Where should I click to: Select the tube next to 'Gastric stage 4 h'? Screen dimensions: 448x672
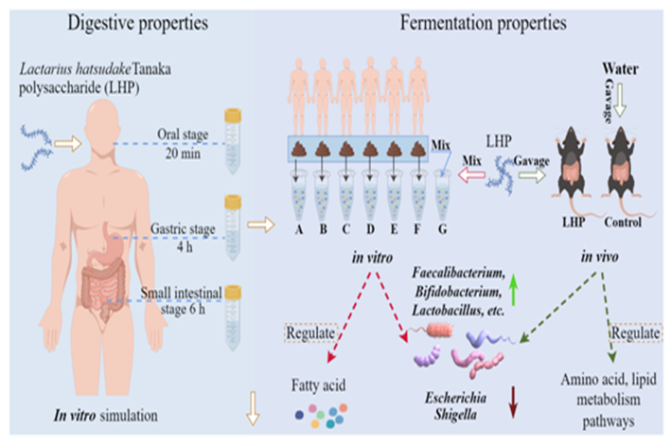[x=231, y=222]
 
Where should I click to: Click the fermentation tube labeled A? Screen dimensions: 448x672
[x=299, y=205]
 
